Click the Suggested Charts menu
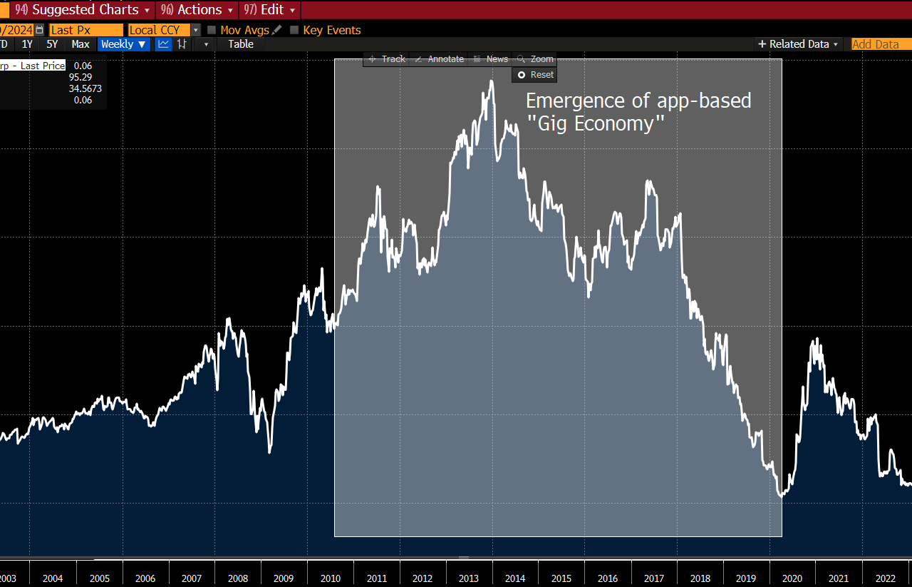pos(84,10)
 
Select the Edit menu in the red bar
pos(270,10)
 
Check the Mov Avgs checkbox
pos(212,30)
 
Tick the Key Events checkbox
pos(294,30)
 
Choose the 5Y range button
pos(52,44)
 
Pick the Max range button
pos(81,44)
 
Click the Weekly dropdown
pos(123,44)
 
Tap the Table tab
pos(240,44)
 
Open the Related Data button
pos(799,44)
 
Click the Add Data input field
pos(880,44)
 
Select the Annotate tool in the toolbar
pos(440,59)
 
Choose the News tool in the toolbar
pos(491,59)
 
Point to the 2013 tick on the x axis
pos(469,578)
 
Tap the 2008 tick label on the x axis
pos(238,578)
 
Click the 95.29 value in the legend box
pos(80,77)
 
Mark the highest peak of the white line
pos(492,81)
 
